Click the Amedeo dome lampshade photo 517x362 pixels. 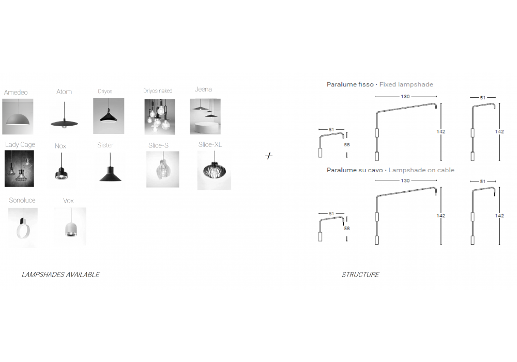coord(18,116)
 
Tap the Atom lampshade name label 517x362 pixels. coord(64,92)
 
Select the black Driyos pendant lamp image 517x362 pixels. coord(109,116)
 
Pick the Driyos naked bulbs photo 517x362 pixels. coord(160,117)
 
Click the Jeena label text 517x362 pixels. coord(203,89)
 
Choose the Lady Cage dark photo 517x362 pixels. coord(19,169)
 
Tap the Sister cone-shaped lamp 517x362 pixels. coord(110,168)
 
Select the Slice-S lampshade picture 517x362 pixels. coord(162,169)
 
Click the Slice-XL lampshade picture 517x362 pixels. coord(214,170)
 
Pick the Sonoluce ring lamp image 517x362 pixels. coord(23,227)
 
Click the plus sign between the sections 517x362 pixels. coord(269,156)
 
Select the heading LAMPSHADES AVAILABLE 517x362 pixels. coord(60,274)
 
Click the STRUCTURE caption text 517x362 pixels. coord(360,274)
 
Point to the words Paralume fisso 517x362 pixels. coord(350,84)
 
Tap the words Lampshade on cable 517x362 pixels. coord(421,170)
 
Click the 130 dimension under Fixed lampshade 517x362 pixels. coord(405,97)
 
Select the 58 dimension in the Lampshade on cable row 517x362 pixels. coord(346,228)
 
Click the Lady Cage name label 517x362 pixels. coord(20,145)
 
